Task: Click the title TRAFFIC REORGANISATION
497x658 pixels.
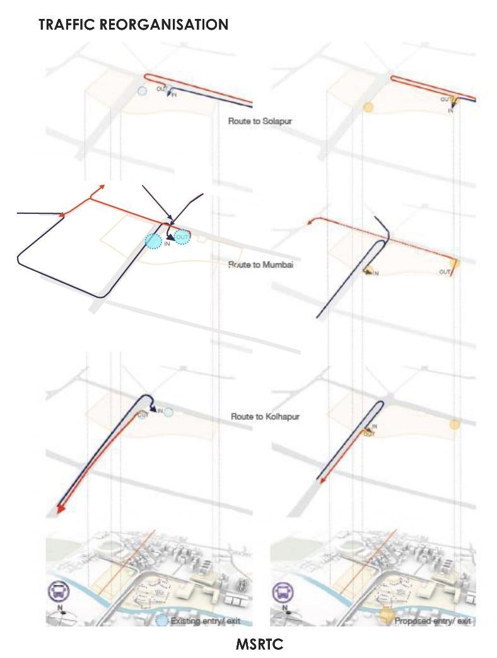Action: pyautogui.click(x=133, y=25)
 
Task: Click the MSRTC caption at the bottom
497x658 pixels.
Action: pyautogui.click(x=259, y=644)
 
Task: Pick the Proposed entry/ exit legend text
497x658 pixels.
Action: pyautogui.click(x=433, y=621)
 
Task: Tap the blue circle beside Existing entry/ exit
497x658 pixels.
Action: pyautogui.click(x=162, y=621)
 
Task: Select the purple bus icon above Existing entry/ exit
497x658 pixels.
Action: pyautogui.click(x=59, y=592)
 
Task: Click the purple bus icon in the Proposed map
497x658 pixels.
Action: pyautogui.click(x=283, y=592)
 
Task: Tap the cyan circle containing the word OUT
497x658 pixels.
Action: pyautogui.click(x=182, y=237)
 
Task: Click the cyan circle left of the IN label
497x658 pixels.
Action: pyautogui.click(x=153, y=240)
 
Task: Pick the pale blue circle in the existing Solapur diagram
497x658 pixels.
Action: pyautogui.click(x=143, y=91)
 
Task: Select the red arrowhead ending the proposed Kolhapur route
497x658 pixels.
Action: pyautogui.click(x=322, y=481)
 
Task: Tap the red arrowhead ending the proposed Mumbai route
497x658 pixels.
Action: pyautogui.click(x=310, y=221)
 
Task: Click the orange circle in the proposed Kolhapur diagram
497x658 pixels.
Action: pyautogui.click(x=453, y=424)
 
